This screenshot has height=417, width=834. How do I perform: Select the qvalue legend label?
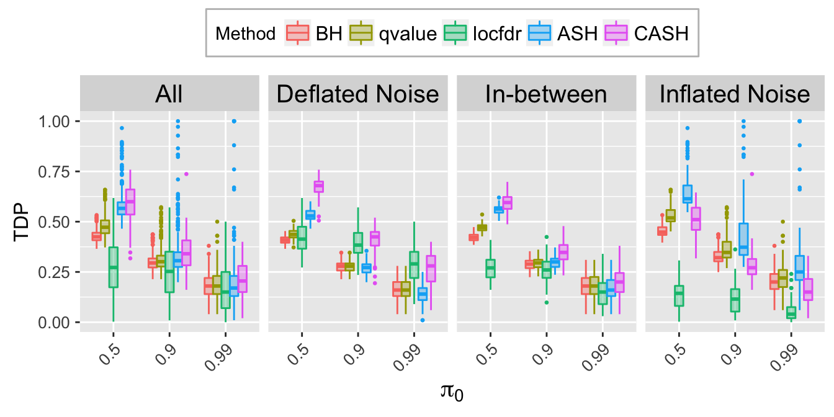(x=406, y=34)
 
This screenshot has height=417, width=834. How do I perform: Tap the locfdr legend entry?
(x=495, y=34)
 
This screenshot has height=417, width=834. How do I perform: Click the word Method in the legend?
(x=245, y=34)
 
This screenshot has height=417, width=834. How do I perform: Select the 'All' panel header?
(x=169, y=94)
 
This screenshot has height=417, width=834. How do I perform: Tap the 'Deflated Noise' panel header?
(x=357, y=94)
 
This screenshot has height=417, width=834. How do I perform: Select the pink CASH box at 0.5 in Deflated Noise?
(x=319, y=186)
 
